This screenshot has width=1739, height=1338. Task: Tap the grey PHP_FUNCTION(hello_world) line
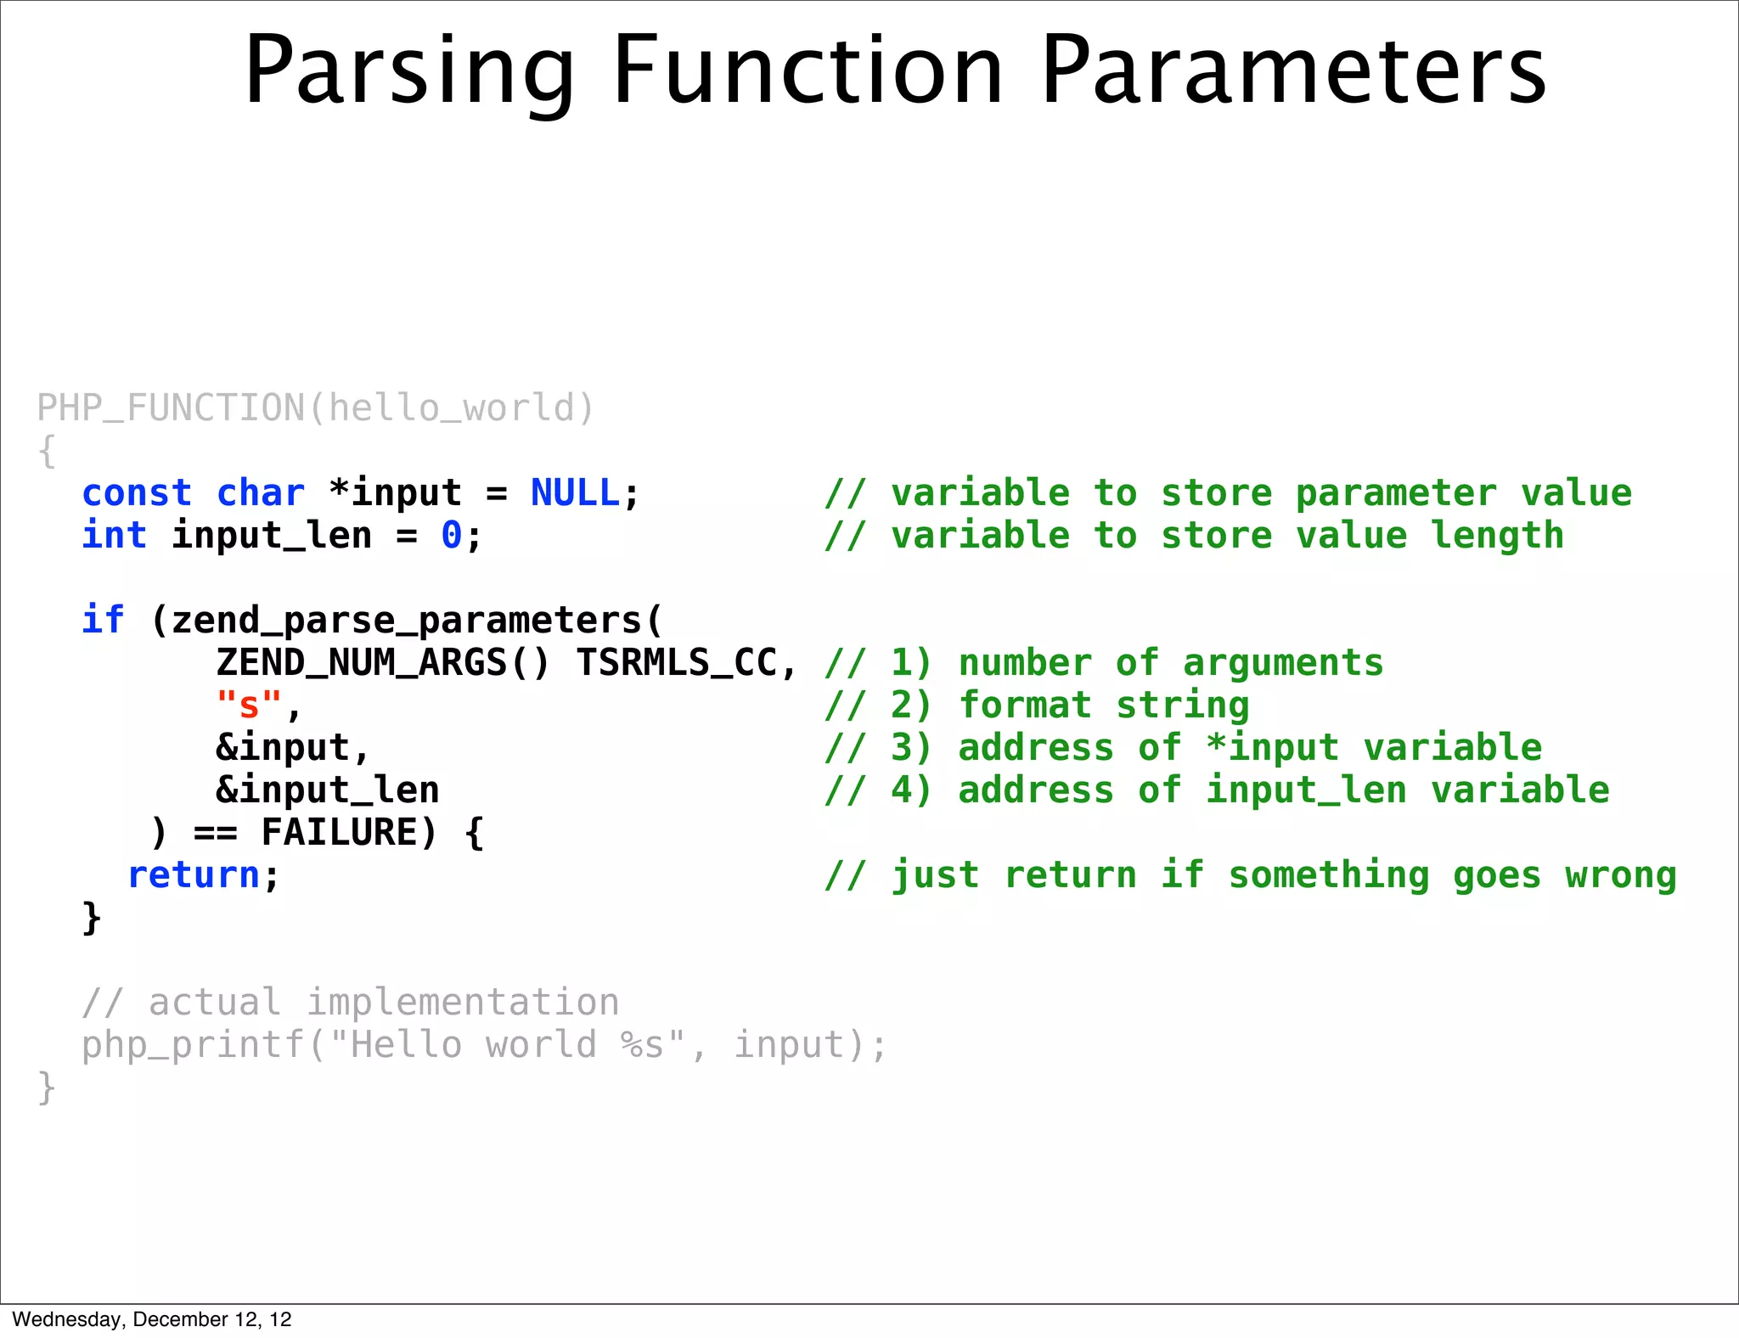click(x=315, y=408)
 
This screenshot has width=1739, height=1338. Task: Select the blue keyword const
click(x=137, y=493)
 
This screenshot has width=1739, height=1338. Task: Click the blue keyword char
click(x=260, y=493)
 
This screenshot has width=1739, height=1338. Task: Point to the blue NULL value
click(x=575, y=493)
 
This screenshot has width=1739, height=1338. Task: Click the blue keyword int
click(x=114, y=536)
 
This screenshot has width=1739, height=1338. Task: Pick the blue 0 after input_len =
click(x=451, y=536)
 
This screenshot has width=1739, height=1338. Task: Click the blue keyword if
click(x=103, y=621)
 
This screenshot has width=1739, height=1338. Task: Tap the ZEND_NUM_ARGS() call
click(x=384, y=663)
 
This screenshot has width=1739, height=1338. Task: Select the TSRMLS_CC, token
click(x=686, y=663)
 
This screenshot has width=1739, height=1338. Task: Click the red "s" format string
click(x=249, y=706)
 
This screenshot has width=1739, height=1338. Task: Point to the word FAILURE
click(x=340, y=833)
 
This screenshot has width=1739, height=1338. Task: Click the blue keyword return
click(x=194, y=875)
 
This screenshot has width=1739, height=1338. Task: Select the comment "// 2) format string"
click(x=1037, y=706)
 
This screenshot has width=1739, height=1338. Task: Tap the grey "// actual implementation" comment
click(x=351, y=1003)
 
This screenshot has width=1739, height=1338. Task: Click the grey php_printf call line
click(x=484, y=1045)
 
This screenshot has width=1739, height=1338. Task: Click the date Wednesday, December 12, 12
click(x=152, y=1319)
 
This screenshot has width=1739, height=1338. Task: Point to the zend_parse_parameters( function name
click(x=406, y=621)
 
